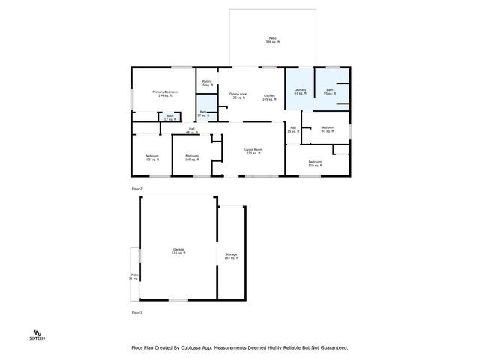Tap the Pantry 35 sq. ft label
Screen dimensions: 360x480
pos(206,83)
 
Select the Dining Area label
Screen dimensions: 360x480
pos(238,96)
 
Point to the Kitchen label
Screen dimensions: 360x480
pos(269,97)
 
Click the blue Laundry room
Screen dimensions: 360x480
pos(299,91)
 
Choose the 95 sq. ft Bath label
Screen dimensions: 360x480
pos(329,92)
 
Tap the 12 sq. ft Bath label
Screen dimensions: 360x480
pos(170,117)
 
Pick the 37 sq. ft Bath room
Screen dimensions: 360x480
pos(203,114)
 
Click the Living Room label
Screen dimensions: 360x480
pos(253,151)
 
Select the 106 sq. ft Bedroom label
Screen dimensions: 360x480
pos(151,158)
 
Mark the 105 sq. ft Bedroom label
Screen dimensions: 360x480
pos(191,158)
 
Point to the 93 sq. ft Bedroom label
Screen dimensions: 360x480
pos(327,130)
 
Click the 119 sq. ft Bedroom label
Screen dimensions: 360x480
pos(315,163)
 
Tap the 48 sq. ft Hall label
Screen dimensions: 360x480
pos(192,130)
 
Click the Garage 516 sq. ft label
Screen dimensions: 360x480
pos(178,251)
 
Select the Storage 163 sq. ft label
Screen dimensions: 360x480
pos(231,256)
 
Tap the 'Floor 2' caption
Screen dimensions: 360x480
pos(136,188)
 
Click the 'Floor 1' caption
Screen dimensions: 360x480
pos(136,311)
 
